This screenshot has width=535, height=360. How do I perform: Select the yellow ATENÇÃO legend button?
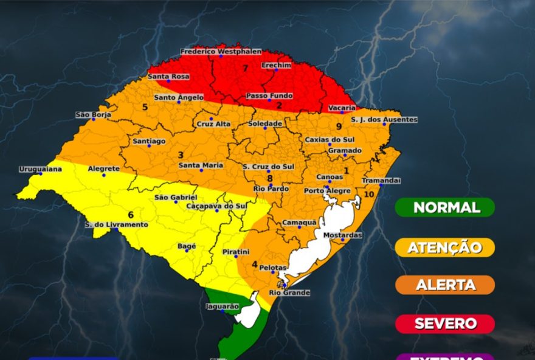pyautogui.click(x=444, y=247)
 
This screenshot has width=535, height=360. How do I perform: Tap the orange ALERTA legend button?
pyautogui.click(x=444, y=285)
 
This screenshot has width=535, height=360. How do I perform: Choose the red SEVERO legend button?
pyautogui.click(x=444, y=324)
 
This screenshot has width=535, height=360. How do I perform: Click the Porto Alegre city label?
pyautogui.click(x=327, y=191)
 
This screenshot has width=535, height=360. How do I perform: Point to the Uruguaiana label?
pyautogui.click(x=40, y=169)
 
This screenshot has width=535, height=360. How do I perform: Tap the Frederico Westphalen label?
pyautogui.click(x=220, y=52)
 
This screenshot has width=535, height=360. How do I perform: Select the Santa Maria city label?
pyautogui.click(x=201, y=165)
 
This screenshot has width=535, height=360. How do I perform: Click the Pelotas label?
pyautogui.click(x=273, y=268)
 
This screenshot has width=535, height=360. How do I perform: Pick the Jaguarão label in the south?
pyautogui.click(x=223, y=306)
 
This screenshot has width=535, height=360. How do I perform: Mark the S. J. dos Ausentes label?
pyautogui.click(x=384, y=120)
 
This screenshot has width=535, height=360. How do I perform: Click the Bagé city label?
pyautogui.click(x=186, y=246)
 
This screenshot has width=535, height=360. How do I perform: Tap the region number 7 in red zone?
pyautogui.click(x=245, y=68)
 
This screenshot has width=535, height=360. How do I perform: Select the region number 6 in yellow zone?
pyautogui.click(x=131, y=215)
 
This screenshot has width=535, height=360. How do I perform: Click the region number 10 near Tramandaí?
pyautogui.click(x=369, y=195)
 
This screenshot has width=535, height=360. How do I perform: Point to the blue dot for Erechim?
pyautogui.click(x=275, y=71)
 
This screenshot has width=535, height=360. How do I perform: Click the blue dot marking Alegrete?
pyautogui.click(x=103, y=175)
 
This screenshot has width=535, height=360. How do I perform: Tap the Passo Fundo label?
pyautogui.click(x=269, y=96)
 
